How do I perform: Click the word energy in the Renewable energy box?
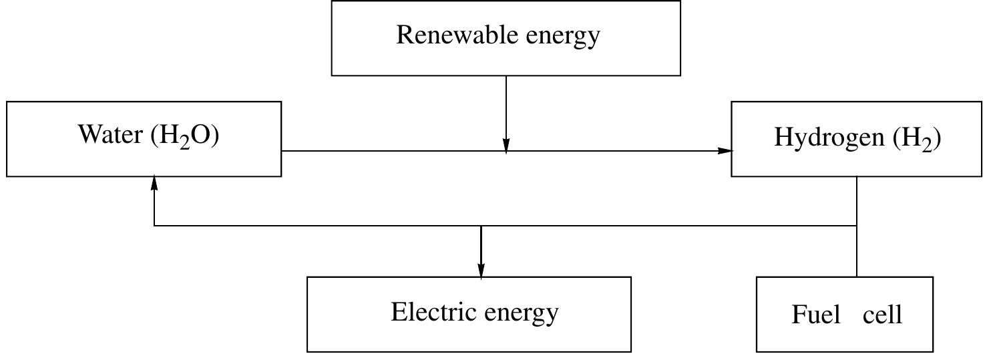(563, 36)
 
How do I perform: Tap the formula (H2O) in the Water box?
(186, 136)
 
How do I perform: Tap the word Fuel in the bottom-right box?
(815, 314)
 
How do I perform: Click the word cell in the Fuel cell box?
(882, 314)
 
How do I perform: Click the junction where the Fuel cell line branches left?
(857, 226)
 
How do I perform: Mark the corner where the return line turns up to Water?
(154, 226)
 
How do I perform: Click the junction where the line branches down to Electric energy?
(481, 226)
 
